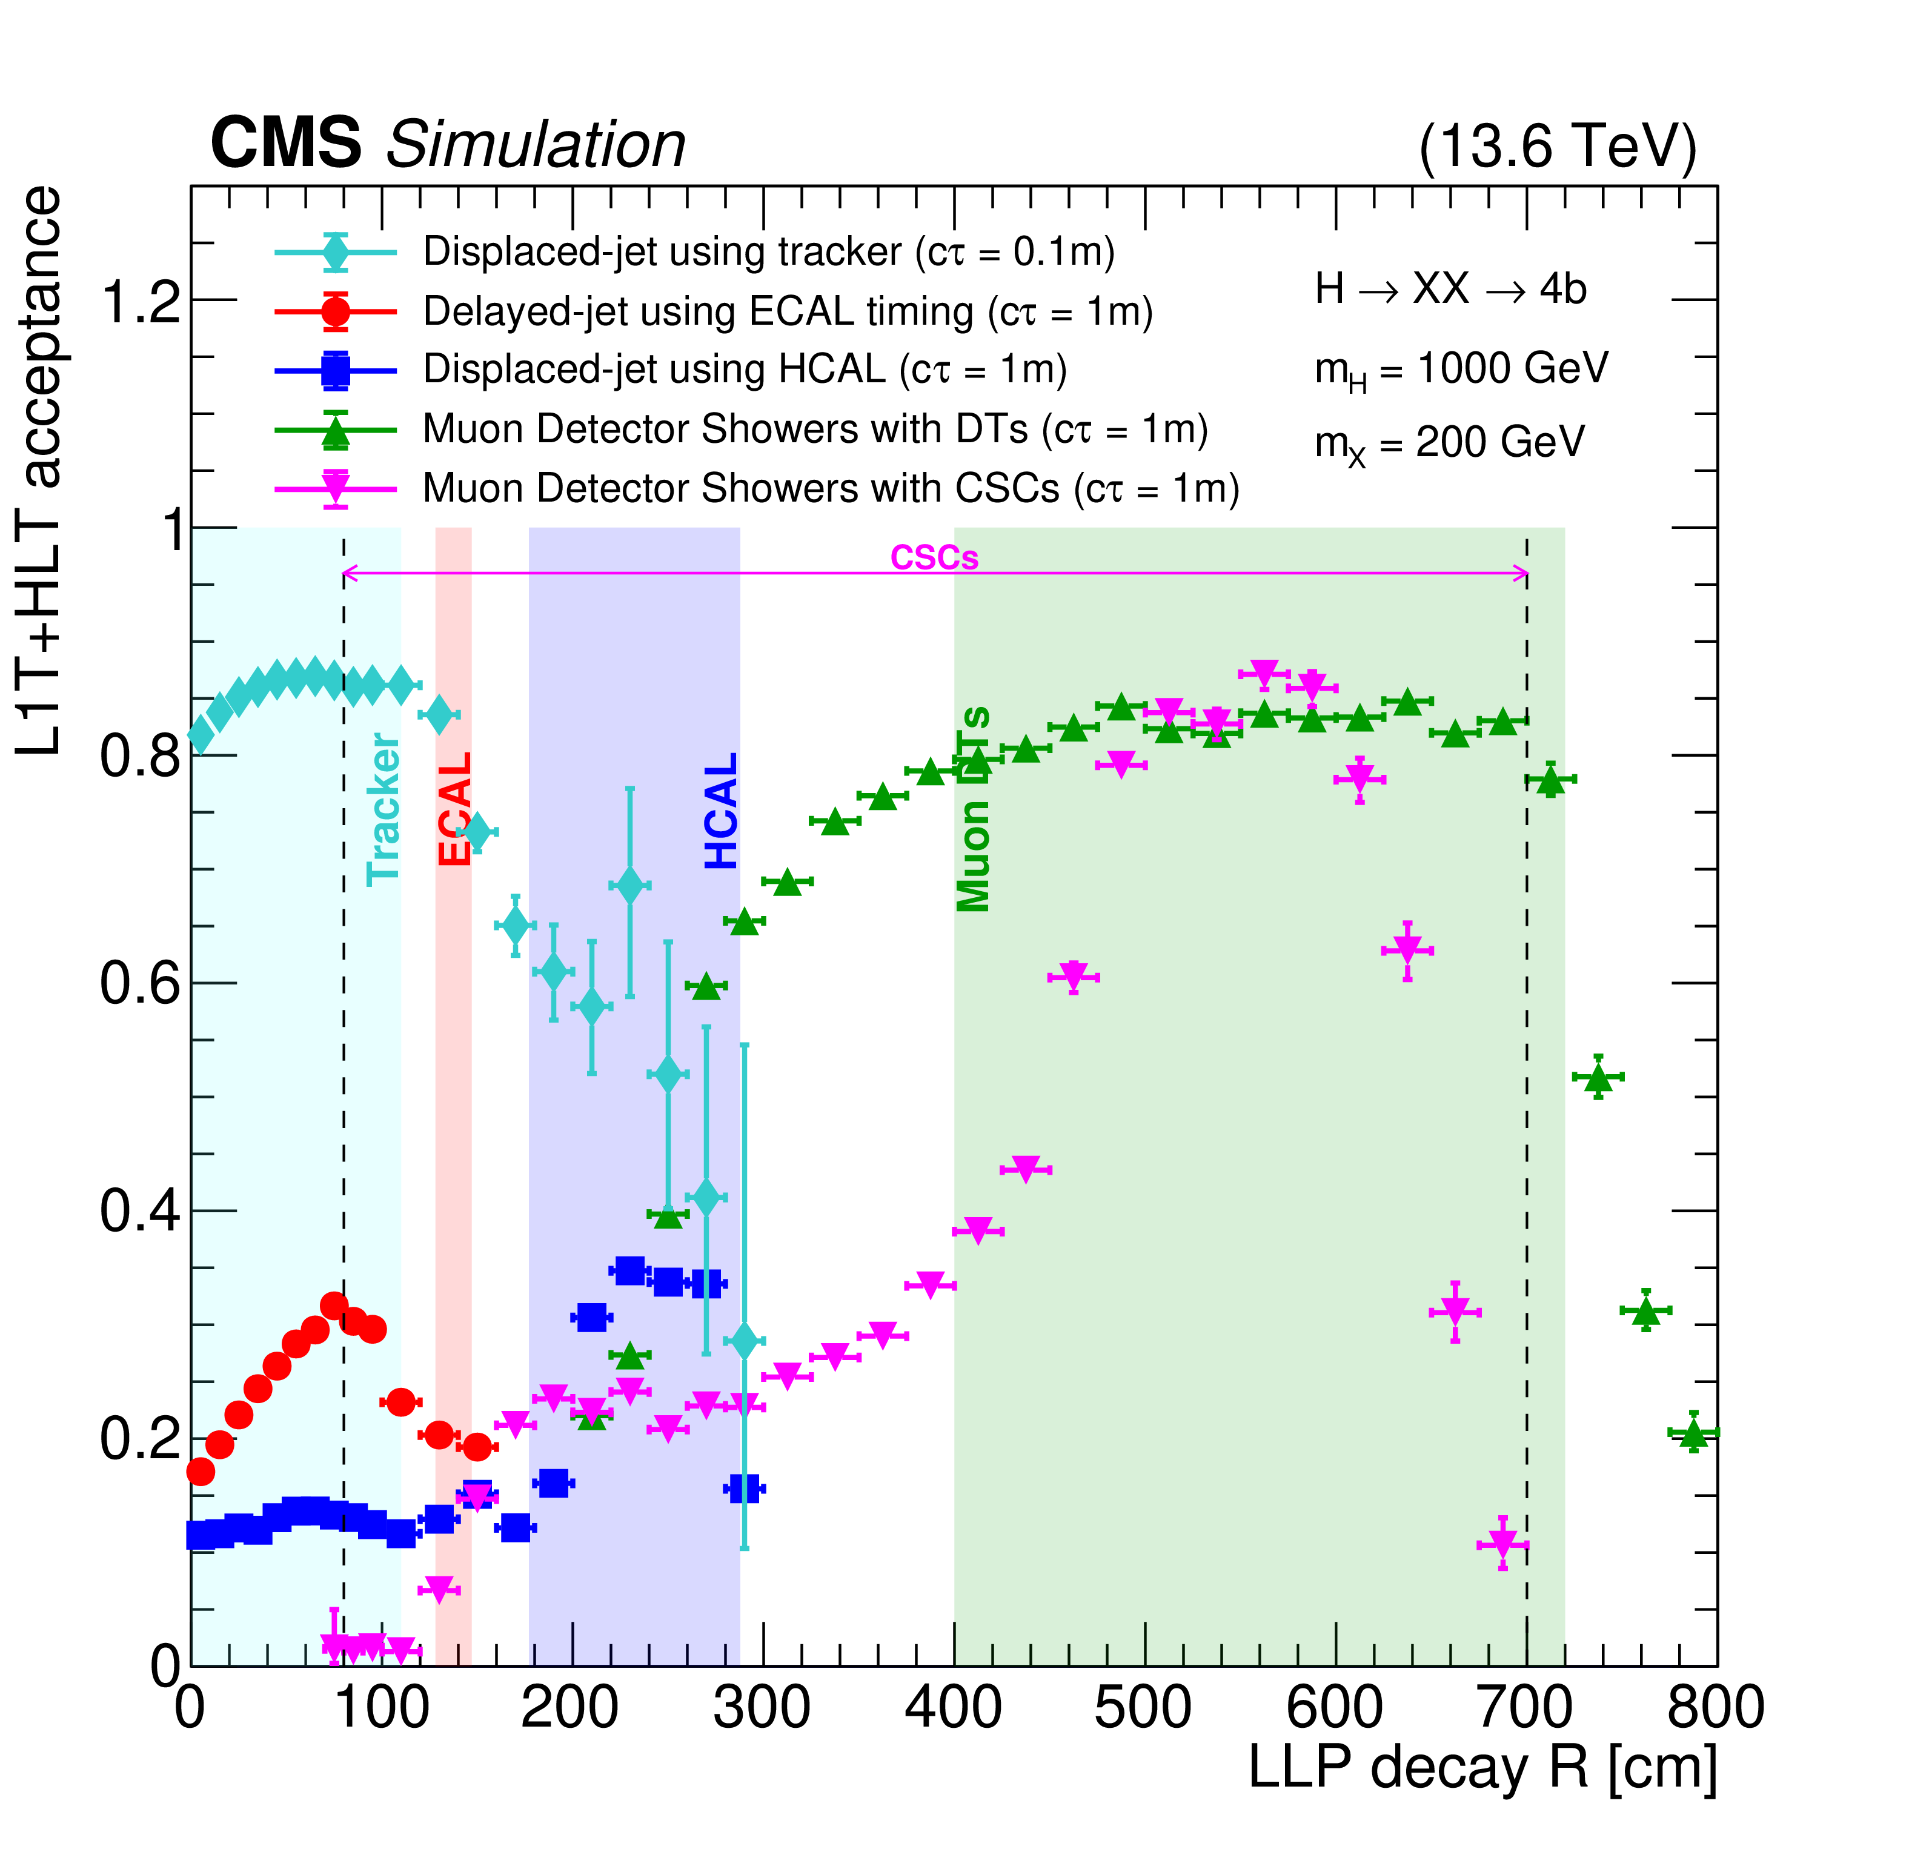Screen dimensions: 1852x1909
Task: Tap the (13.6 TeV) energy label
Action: tap(1556, 147)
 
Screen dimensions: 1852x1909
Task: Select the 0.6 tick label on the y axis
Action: tap(142, 983)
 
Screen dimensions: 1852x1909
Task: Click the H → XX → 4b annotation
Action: tap(1450, 289)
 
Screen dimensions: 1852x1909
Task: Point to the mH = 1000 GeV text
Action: tap(1461, 370)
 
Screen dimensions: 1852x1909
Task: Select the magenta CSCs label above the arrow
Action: tap(934, 558)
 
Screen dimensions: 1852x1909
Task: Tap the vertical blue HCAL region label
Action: tap(721, 810)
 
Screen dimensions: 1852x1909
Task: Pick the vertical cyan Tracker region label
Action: tap(383, 810)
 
